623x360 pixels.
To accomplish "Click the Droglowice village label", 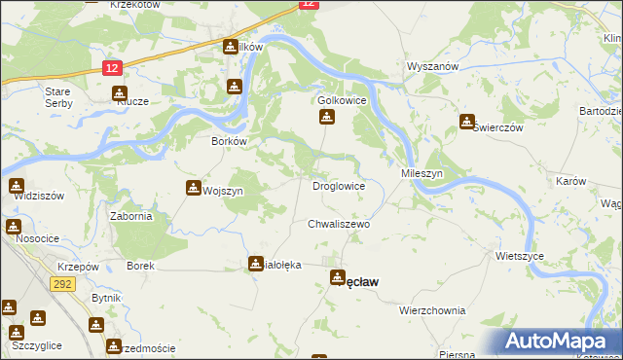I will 338,185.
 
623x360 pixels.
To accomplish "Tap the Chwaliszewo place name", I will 340,224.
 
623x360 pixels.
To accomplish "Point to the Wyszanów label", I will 431,66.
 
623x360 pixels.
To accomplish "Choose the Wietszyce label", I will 519,256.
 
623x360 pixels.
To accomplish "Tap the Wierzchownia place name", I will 431,310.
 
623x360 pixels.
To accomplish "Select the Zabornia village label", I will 130,216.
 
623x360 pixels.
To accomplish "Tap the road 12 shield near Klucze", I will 113,66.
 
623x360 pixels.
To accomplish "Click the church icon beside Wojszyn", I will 192,189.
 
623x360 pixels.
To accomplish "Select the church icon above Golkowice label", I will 327,118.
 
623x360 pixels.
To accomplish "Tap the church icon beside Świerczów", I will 466,123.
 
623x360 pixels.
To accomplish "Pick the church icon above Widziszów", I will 16,185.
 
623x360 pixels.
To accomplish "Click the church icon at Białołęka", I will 256,263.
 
